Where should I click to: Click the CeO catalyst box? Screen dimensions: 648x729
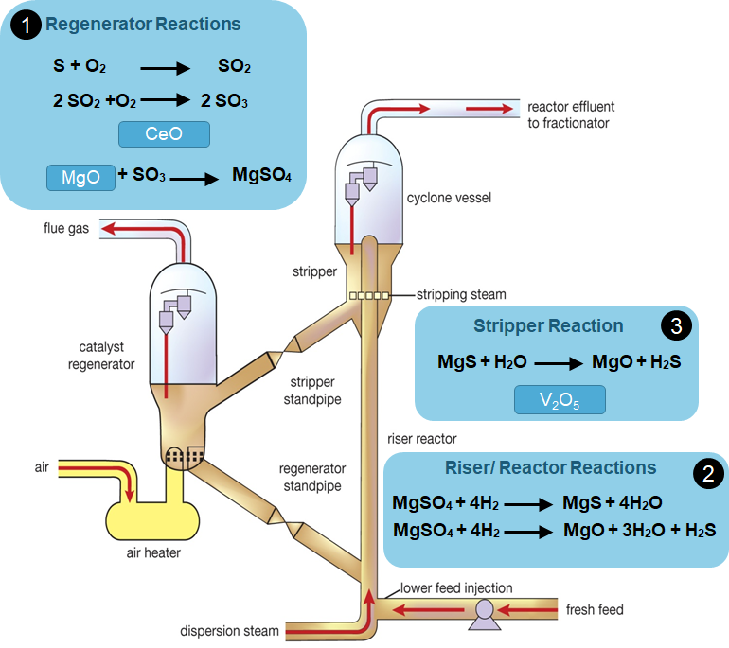coord(164,134)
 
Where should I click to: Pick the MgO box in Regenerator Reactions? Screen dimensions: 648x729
coord(80,177)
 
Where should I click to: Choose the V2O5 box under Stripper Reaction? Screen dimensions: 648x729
coord(559,401)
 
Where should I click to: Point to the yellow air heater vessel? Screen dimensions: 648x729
coord(151,517)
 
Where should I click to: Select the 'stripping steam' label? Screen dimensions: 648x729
coord(462,295)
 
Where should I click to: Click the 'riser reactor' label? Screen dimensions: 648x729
coord(422,439)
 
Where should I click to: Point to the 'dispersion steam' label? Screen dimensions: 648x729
coord(230,631)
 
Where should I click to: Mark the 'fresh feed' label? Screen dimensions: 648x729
coord(595,609)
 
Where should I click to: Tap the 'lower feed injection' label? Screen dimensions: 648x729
coord(455,588)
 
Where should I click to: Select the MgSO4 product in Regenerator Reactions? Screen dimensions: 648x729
coord(261,176)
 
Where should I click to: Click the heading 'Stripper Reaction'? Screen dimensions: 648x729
coord(548,326)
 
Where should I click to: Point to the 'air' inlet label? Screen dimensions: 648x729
coord(42,466)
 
